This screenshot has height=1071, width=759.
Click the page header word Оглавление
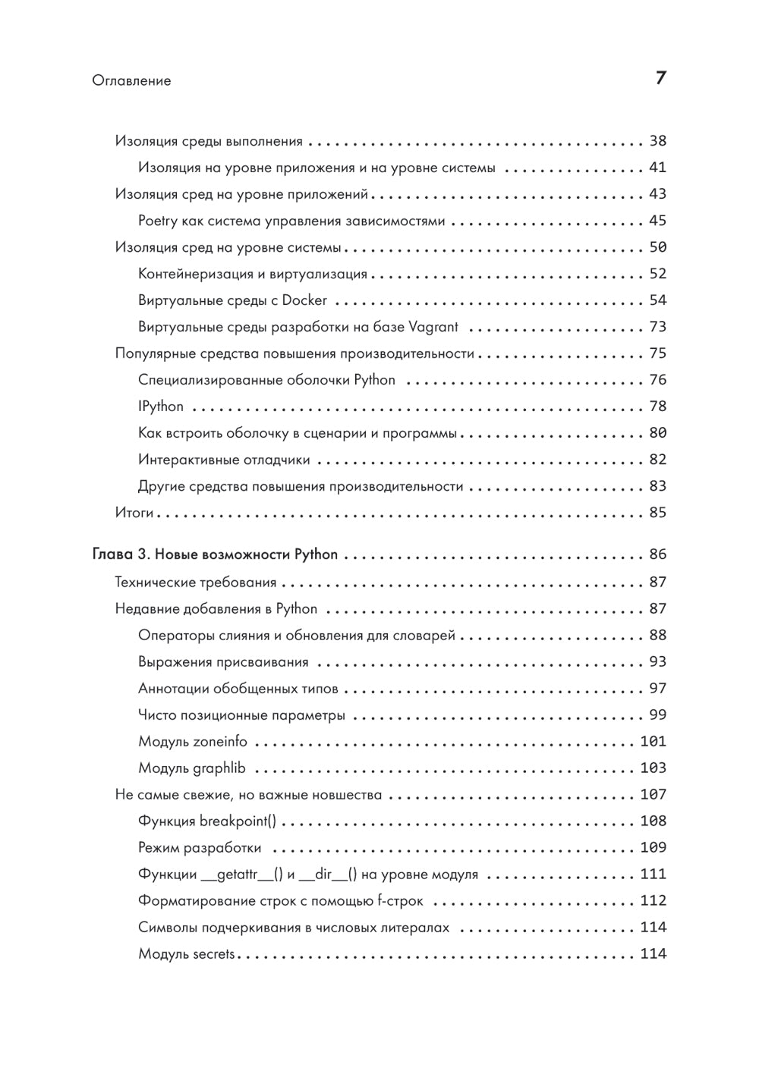[131, 80]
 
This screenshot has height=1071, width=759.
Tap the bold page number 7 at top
[660, 78]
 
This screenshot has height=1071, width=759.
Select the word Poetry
[158, 221]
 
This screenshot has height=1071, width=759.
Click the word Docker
[304, 300]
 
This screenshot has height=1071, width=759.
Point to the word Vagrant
[433, 327]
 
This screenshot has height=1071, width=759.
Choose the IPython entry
[161, 407]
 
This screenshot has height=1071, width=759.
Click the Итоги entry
[134, 513]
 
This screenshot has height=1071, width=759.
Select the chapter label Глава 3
[121, 554]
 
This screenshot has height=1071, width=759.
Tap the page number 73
[657, 327]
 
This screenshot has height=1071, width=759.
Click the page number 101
[653, 741]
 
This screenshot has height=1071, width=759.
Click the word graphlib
[219, 768]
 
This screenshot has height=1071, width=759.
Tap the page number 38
[657, 141]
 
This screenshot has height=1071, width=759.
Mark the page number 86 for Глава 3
[657, 554]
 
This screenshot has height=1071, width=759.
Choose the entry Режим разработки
[200, 847]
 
